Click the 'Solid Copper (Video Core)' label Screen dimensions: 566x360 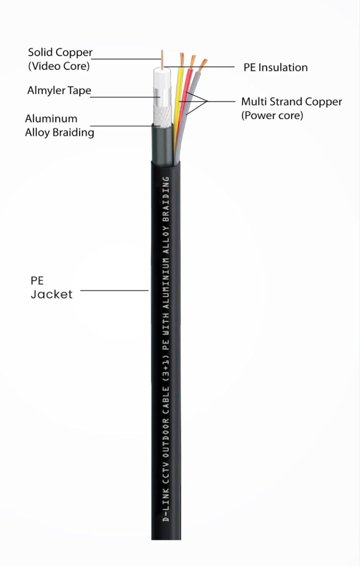(x=60, y=59)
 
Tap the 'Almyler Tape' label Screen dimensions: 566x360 (x=59, y=91)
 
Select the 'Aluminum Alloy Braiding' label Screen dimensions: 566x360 (x=59, y=125)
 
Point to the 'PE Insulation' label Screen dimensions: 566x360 (x=275, y=68)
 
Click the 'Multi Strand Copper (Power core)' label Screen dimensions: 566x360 (x=291, y=108)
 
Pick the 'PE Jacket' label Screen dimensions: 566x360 (x=51, y=288)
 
